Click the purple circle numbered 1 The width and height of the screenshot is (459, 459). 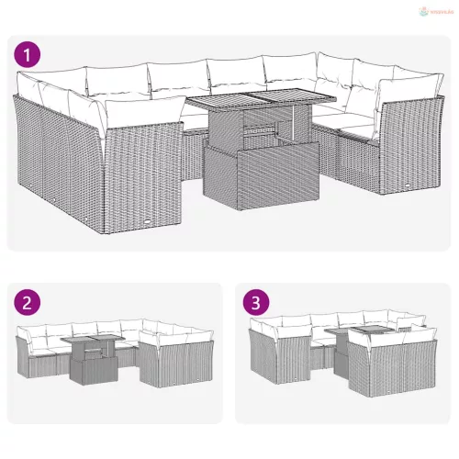[30, 53]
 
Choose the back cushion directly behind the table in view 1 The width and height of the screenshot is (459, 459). [234, 75]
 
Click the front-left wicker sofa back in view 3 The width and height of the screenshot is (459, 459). [275, 363]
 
